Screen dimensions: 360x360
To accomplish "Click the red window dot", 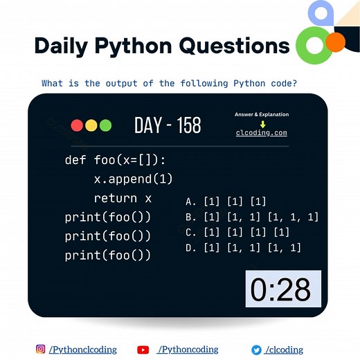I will (76, 125).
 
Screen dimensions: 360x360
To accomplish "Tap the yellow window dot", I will (91, 125).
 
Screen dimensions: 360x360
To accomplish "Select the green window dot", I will (105, 125).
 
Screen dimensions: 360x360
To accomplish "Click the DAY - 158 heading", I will (168, 125).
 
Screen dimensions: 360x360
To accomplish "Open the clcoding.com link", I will (261, 133).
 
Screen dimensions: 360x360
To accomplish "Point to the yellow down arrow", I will (262, 124).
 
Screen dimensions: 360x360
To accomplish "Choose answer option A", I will (226, 201).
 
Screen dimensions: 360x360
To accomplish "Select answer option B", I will (252, 217).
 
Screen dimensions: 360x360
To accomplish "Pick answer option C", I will (237, 233).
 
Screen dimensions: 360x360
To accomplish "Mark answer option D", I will (243, 248).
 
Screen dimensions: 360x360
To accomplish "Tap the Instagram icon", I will (41, 350).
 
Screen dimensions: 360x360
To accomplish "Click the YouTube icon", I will (143, 350).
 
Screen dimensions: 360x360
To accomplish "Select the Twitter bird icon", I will (256, 350).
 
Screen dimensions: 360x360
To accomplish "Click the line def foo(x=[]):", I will (116, 161).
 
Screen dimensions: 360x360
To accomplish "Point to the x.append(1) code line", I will (133, 179).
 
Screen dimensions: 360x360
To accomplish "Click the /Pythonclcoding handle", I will (82, 350).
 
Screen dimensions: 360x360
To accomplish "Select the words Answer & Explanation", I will (262, 114).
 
